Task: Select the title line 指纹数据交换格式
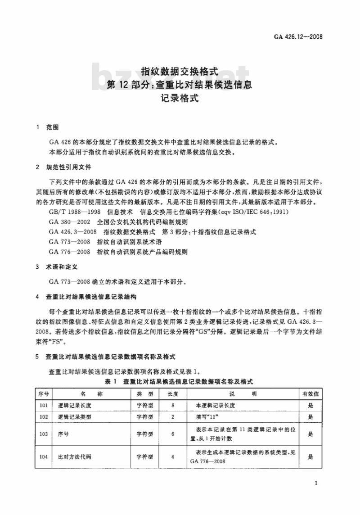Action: (180, 72)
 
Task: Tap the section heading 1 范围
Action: (49, 128)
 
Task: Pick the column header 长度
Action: (173, 394)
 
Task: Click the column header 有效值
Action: (310, 394)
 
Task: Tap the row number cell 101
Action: (44, 405)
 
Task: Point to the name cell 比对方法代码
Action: (72, 457)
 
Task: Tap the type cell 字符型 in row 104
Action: (145, 457)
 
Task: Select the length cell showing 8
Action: (173, 405)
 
